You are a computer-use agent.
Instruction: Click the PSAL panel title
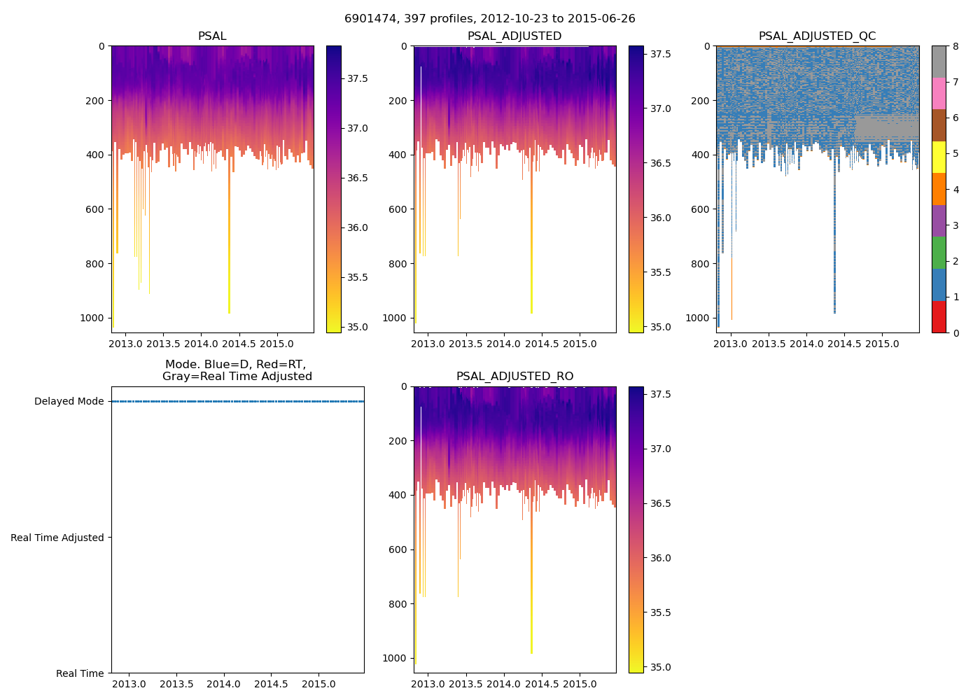(212, 36)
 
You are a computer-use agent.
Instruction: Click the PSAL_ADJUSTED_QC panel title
(817, 36)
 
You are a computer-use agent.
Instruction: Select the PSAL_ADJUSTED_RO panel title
(514, 377)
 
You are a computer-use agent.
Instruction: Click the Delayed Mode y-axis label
(69, 402)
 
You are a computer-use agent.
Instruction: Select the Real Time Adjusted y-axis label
(57, 538)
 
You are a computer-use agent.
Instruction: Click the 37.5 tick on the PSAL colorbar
(358, 78)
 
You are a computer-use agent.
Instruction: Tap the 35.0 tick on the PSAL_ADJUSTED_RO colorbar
(659, 667)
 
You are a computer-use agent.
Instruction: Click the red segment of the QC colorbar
(939, 317)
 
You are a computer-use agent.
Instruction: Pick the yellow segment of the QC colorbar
(939, 157)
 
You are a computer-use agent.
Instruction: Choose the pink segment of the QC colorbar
(939, 94)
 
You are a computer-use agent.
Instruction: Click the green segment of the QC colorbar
(939, 253)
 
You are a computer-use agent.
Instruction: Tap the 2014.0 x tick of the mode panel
(224, 684)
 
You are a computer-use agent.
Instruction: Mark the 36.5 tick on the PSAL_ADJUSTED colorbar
(659, 163)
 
